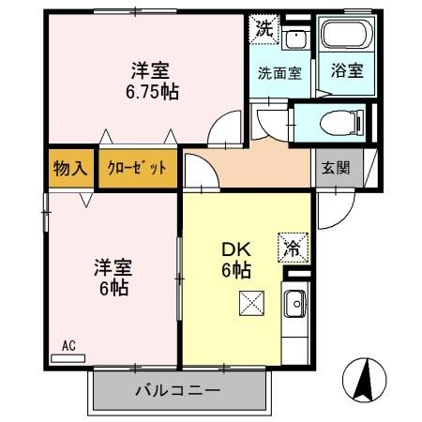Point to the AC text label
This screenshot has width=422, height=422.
[68, 345]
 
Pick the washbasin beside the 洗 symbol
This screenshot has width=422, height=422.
[296, 39]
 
